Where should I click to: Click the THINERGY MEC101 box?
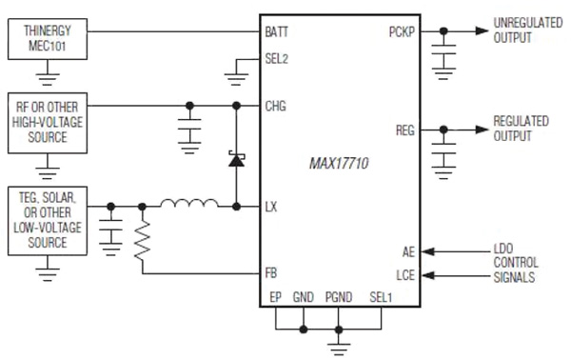point(47,39)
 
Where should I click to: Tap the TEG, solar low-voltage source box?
point(47,220)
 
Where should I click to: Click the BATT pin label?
point(278,30)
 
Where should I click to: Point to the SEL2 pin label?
point(277,58)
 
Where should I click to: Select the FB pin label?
point(272,273)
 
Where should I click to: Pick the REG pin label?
point(405,129)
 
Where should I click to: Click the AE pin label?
point(409,251)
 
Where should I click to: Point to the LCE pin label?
point(406,275)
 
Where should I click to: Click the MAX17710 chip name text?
point(339,164)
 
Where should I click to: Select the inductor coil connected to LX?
point(187,204)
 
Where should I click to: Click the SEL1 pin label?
point(384,297)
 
